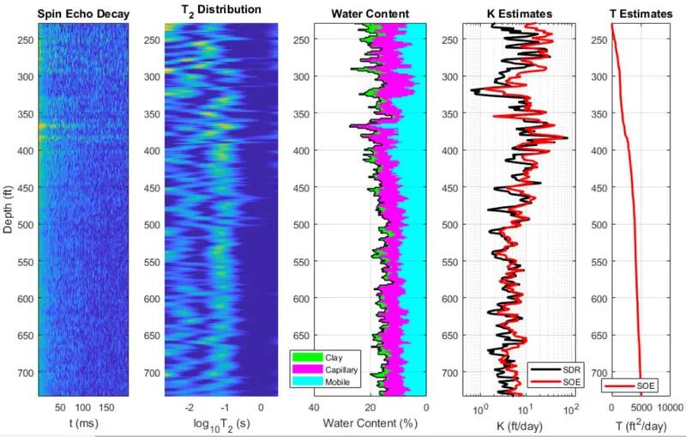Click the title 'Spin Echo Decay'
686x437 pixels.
(x=82, y=12)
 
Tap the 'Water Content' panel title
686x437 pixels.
(x=371, y=12)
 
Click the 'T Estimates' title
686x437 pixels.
(x=639, y=12)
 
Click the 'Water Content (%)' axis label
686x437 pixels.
(x=370, y=424)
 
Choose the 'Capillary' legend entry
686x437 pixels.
(x=340, y=368)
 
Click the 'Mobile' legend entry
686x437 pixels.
(x=337, y=381)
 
